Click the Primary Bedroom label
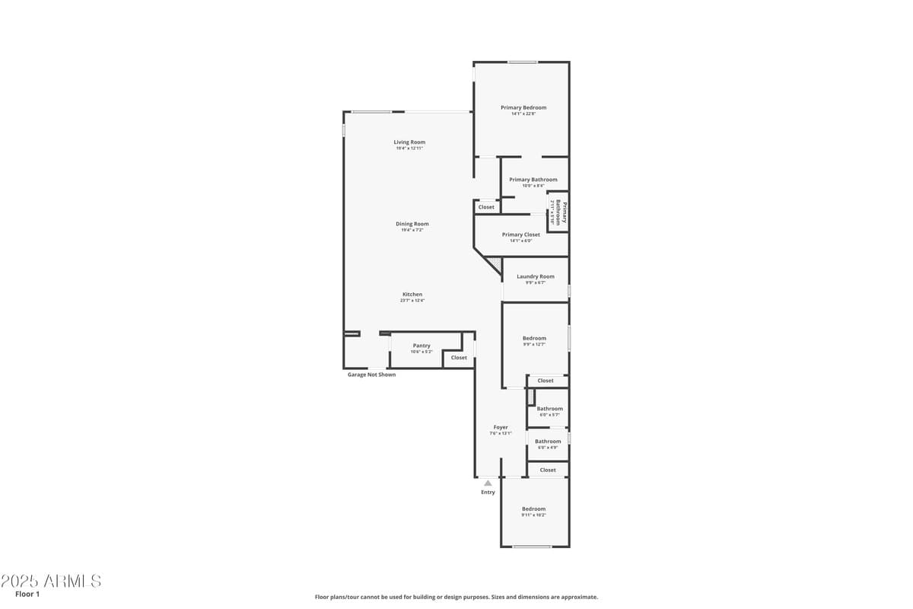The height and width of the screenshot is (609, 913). pyautogui.click(x=523, y=107)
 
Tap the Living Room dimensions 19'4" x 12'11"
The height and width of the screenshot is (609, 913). pyautogui.click(x=409, y=148)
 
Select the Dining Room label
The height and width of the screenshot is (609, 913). pyautogui.click(x=412, y=224)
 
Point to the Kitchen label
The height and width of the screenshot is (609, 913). pyautogui.click(x=412, y=295)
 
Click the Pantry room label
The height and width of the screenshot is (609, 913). pyautogui.click(x=422, y=346)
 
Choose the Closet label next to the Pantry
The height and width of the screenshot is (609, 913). pyautogui.click(x=459, y=358)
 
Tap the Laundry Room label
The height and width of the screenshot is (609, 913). pyautogui.click(x=536, y=276)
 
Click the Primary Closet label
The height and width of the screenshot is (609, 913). pyautogui.click(x=521, y=234)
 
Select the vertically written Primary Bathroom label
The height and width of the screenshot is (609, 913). pyautogui.click(x=561, y=212)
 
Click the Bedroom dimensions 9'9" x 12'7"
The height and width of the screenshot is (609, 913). pyautogui.click(x=534, y=344)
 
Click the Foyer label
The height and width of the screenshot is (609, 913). pyautogui.click(x=501, y=427)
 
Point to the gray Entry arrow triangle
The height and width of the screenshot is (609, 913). pyautogui.click(x=488, y=483)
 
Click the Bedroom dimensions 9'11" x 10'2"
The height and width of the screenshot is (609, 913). pyautogui.click(x=533, y=515)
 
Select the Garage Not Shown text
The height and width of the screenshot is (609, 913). pyautogui.click(x=371, y=375)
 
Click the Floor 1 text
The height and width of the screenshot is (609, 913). pyautogui.click(x=27, y=594)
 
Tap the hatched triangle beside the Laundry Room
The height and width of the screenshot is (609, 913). pyautogui.click(x=495, y=263)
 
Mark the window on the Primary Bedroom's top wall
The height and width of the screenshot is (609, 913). pyautogui.click(x=523, y=62)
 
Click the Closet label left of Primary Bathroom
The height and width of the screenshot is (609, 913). pyautogui.click(x=486, y=207)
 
